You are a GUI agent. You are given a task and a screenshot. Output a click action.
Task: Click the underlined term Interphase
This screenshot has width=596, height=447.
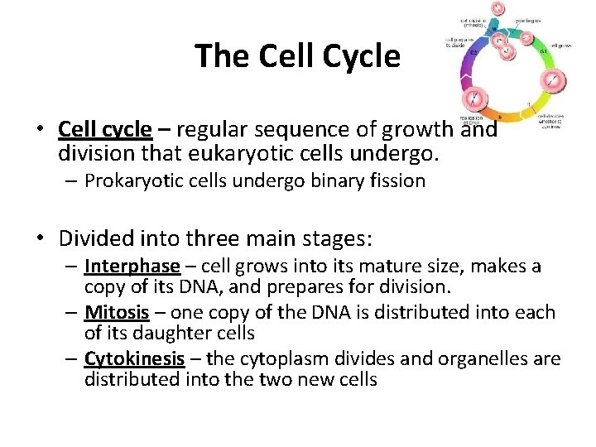pyautogui.click(x=132, y=267)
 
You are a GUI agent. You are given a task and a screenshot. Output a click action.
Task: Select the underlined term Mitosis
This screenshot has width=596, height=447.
pyautogui.click(x=117, y=313)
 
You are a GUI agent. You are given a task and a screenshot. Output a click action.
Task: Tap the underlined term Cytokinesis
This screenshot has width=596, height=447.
pyautogui.click(x=131, y=359)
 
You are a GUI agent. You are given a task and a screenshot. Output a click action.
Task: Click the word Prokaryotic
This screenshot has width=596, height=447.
pyautogui.click(x=127, y=181)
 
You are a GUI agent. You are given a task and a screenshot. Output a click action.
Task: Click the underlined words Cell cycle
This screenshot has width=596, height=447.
pyautogui.click(x=105, y=130)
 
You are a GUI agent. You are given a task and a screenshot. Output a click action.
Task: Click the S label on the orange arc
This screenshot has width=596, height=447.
pyautogui.click(x=498, y=118)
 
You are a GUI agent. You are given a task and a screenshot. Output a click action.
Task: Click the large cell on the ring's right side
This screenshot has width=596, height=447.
pyautogui.click(x=550, y=80)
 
